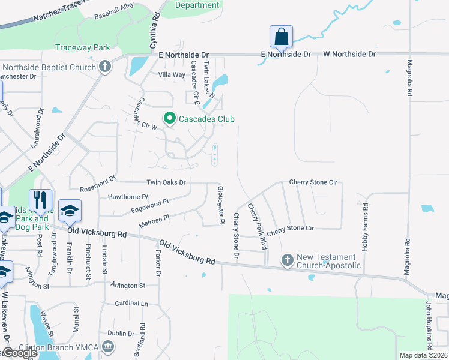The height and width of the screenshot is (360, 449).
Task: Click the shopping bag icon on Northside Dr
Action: (281, 37)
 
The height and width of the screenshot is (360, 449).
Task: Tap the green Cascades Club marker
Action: (169, 119)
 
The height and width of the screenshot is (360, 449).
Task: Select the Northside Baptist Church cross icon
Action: (105, 66)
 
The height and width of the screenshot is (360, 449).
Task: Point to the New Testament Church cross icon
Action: (287, 260)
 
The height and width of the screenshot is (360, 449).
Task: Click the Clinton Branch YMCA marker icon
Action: (108, 346)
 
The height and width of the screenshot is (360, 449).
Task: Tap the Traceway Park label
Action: (83, 47)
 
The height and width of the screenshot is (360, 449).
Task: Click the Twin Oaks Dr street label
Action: (166, 182)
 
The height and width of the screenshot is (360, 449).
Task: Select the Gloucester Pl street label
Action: (220, 205)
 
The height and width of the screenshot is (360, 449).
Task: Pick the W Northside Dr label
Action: (349, 54)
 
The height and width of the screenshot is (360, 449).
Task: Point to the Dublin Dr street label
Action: (121, 334)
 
